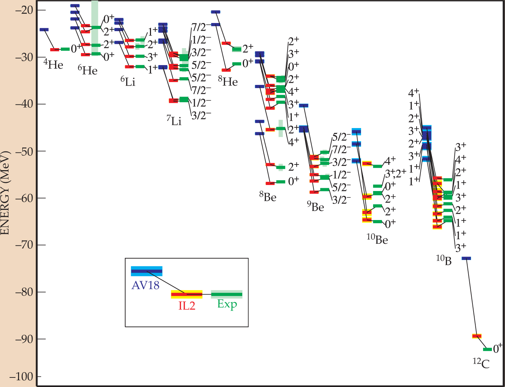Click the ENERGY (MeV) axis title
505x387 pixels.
(x=5, y=192)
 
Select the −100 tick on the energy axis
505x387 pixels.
(x=21, y=377)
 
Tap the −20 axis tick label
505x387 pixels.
(x=23, y=10)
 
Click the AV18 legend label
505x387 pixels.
(x=145, y=285)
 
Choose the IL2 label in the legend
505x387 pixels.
(x=187, y=305)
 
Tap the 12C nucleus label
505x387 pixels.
(x=481, y=363)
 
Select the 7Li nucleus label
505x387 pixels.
(x=174, y=121)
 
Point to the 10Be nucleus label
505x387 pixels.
(x=377, y=239)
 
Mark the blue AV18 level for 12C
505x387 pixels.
(x=466, y=258)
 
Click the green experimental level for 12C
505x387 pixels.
(x=487, y=349)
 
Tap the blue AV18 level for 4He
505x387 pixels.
(x=44, y=29)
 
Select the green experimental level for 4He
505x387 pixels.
(x=65, y=49)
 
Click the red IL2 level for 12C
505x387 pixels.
(x=477, y=336)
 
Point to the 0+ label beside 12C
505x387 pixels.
(x=498, y=349)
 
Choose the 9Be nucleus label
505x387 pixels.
(x=315, y=207)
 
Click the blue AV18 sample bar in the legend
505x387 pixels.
(x=146, y=271)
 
